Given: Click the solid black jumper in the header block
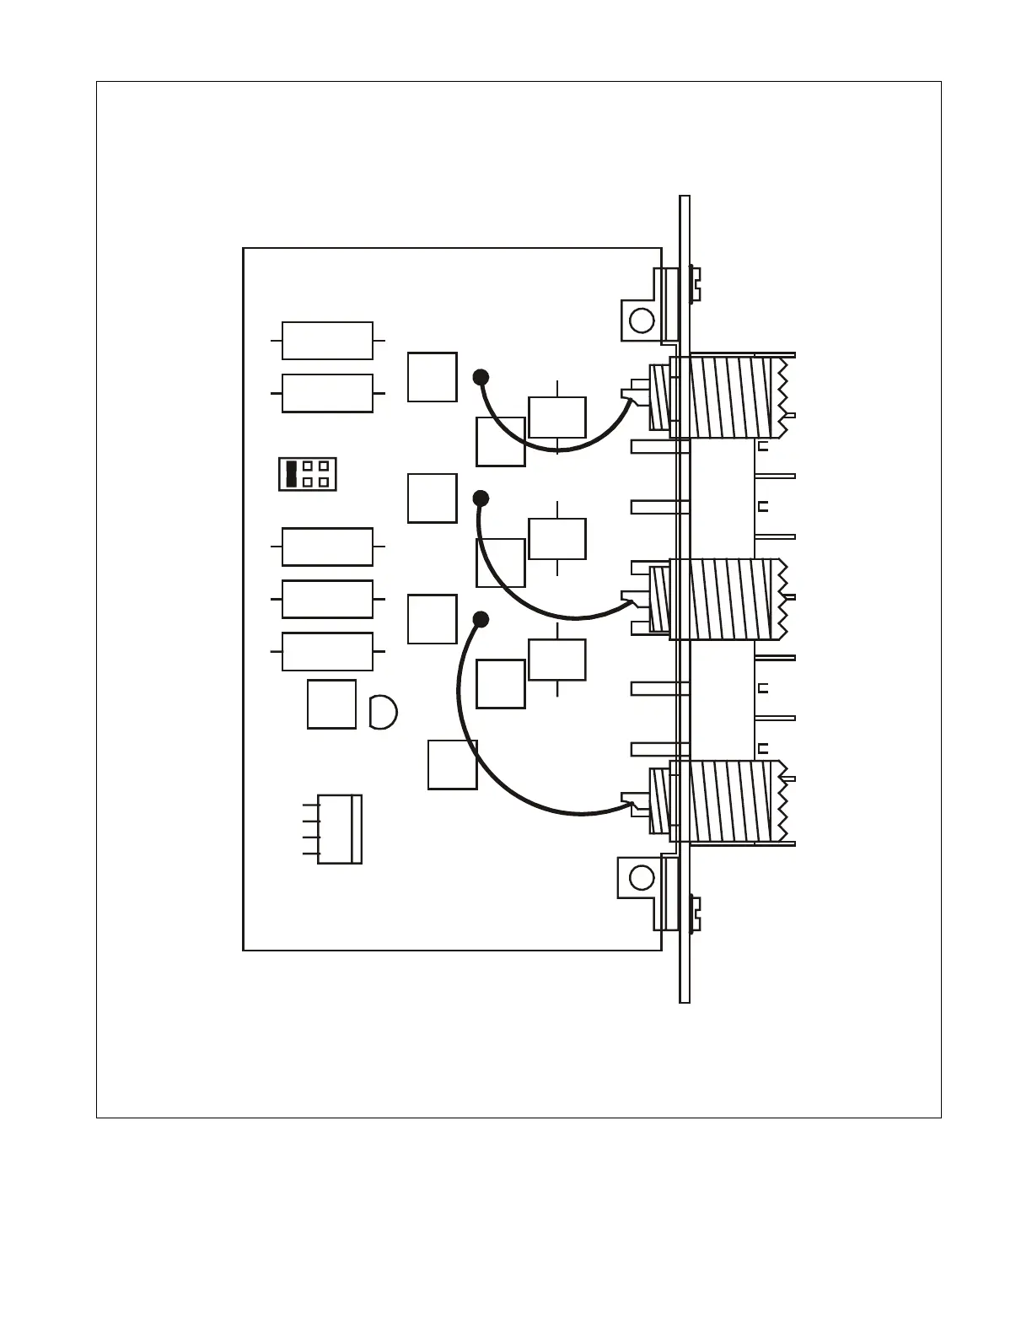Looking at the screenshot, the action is click(292, 474).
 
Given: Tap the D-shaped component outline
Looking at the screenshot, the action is click(382, 712).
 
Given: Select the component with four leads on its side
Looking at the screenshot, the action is click(339, 829).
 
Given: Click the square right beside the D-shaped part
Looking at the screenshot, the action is click(331, 703).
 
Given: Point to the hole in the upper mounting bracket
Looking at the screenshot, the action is click(642, 321).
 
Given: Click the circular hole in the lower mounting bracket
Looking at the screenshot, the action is click(642, 877).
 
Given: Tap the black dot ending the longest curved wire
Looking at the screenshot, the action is click(481, 620).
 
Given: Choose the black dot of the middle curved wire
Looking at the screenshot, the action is click(481, 498).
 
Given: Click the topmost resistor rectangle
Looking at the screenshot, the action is click(327, 341).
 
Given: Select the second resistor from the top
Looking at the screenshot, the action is click(327, 393).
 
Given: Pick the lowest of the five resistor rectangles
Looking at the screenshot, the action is click(327, 651).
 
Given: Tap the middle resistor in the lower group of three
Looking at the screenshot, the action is click(327, 599).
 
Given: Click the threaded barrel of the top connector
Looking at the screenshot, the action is click(730, 397).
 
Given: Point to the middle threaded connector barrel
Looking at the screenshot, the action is click(730, 599).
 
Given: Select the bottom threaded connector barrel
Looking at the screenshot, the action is click(730, 801).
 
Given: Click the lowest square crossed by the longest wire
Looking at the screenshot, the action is click(453, 764).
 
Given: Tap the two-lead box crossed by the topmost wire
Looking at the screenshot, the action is click(557, 417).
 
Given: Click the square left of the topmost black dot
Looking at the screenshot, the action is click(433, 377).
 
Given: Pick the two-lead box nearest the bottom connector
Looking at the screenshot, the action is click(557, 660).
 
